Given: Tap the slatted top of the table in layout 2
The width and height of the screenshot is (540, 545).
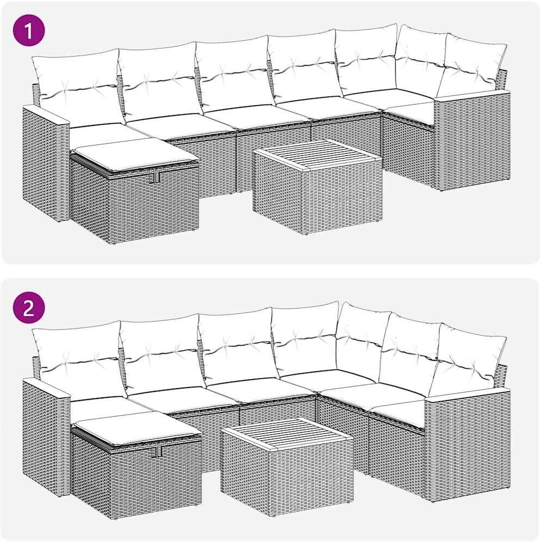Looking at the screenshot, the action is pyautogui.click(x=287, y=432).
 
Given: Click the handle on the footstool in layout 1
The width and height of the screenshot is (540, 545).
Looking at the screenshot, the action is pyautogui.click(x=154, y=178).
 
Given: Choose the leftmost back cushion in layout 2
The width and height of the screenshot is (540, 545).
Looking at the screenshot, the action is pyautogui.click(x=79, y=358).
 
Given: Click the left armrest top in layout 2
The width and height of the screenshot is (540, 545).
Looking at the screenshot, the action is pyautogui.click(x=46, y=388).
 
